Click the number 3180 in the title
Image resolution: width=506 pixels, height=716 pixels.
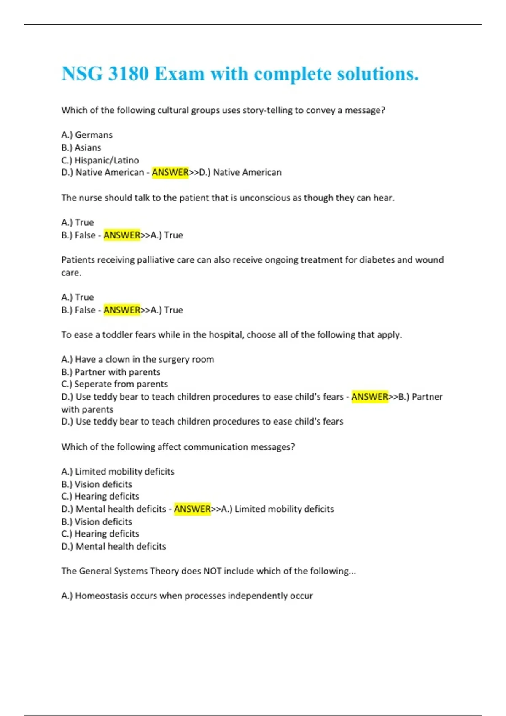pos(128,74)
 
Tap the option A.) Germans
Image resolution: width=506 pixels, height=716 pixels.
pos(87,135)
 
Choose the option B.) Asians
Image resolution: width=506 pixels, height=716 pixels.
pos(81,147)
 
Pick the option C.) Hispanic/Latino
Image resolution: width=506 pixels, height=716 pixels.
pos(100,160)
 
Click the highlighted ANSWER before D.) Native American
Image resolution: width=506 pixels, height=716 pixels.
pos(170,172)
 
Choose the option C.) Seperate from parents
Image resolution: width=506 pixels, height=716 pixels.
pos(114,384)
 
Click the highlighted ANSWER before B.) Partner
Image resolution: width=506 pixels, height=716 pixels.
pos(369,397)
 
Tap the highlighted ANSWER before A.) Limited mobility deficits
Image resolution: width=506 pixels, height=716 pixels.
pos(192,509)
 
